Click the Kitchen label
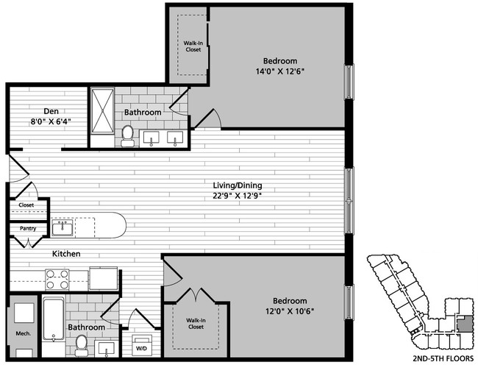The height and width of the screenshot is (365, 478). click(65, 254)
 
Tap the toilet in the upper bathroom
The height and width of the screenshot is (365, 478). click(128, 135)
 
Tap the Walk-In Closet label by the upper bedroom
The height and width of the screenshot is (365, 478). click(193, 46)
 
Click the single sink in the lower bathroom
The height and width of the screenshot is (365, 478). click(106, 348)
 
